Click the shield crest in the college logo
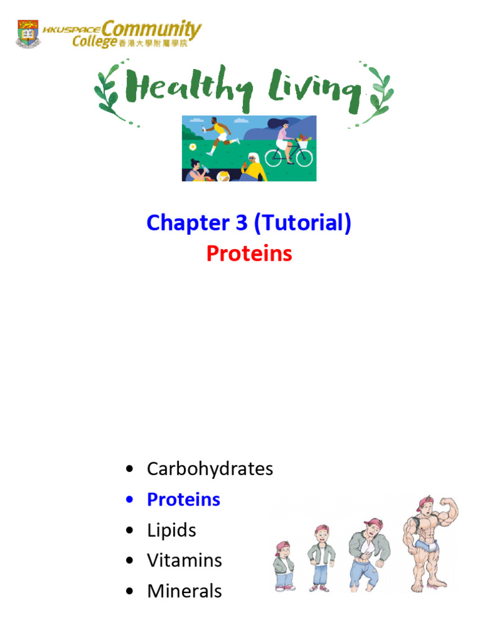coord(28,34)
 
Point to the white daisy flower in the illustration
coord(193,147)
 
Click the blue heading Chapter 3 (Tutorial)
coord(248,223)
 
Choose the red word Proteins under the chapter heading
coord(248,253)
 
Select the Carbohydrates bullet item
coord(209,469)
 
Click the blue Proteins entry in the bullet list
coord(183,499)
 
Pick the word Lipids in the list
coord(171,530)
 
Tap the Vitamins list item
coord(184,560)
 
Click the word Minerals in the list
coord(184,591)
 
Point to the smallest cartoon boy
coord(283,565)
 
